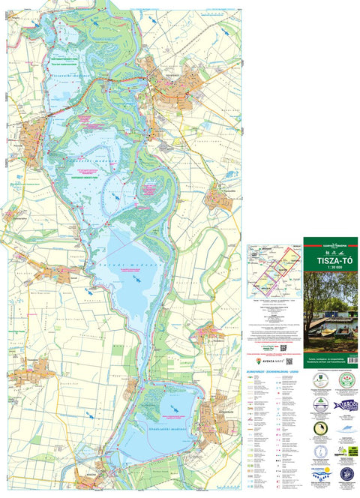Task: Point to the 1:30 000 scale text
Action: (x=330, y=267)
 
